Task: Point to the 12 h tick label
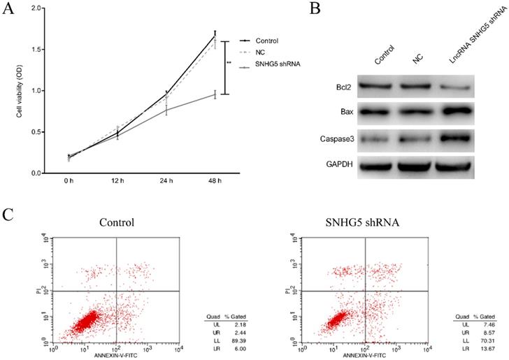click(x=117, y=182)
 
